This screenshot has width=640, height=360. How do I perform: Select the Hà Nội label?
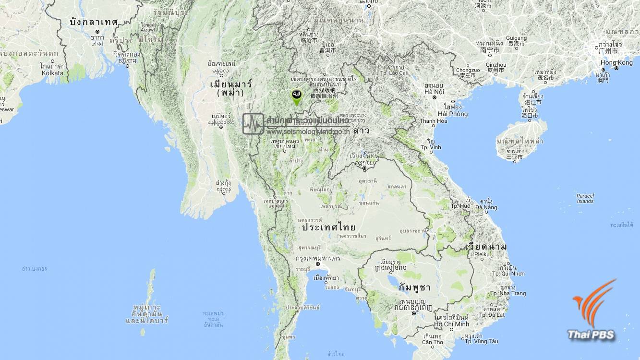point(434,91)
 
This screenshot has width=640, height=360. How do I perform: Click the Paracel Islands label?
point(585,198)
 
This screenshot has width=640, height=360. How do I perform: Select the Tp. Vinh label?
point(431,147)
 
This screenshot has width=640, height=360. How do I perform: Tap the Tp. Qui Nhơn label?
point(508,274)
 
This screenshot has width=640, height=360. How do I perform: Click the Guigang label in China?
point(517,38)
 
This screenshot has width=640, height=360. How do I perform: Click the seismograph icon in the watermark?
point(253,123)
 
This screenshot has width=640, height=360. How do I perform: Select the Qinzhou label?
point(496,64)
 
